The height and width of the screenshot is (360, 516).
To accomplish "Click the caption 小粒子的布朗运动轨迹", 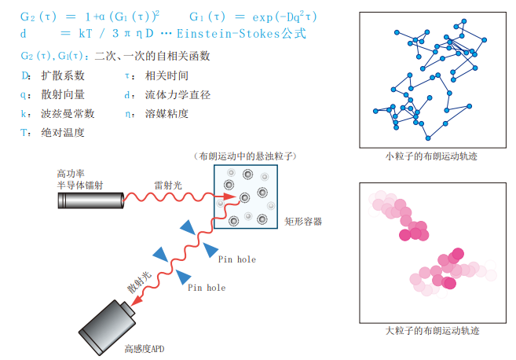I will pyautogui.click(x=431, y=156).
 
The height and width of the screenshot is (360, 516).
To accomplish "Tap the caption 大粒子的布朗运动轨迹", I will pyautogui.click(x=431, y=330).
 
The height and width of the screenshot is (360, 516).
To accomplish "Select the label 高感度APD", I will pyautogui.click(x=145, y=348).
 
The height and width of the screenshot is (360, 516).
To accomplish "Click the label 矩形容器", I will pyautogui.click(x=303, y=222).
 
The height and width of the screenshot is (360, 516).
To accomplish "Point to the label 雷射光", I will pyautogui.click(x=168, y=186).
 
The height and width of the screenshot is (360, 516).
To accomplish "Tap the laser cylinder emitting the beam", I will pyautogui.click(x=91, y=201).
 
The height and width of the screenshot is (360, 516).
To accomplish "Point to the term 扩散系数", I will pyautogui.click(x=63, y=76).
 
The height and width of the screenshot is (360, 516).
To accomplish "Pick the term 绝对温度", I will pyautogui.click(x=63, y=133).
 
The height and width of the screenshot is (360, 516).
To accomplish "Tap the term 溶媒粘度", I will pyautogui.click(x=167, y=114).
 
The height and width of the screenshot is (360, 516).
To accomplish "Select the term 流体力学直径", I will pyautogui.click(x=177, y=95).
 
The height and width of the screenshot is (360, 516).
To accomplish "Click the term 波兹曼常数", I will pyautogui.click(x=68, y=114).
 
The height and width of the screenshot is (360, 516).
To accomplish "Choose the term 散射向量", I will pyautogui.click(x=63, y=95).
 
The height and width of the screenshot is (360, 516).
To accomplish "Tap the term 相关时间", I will pyautogui.click(x=167, y=76).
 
